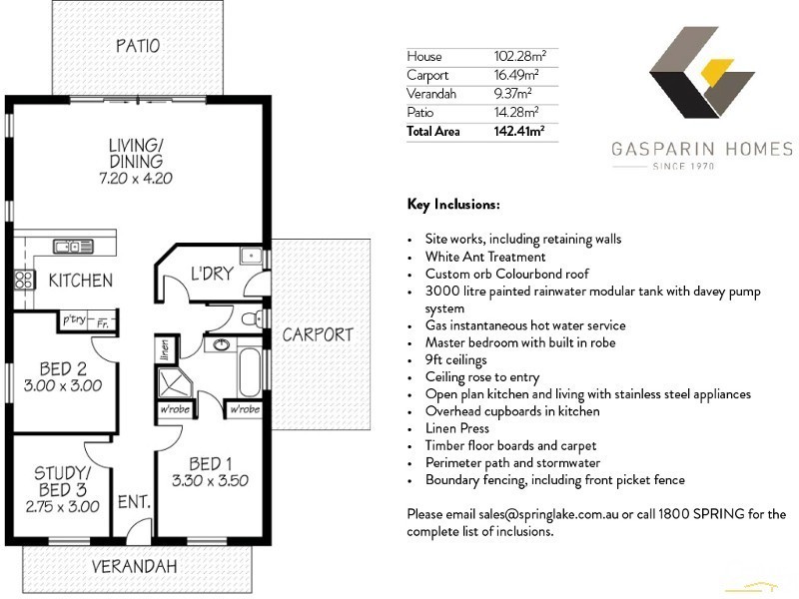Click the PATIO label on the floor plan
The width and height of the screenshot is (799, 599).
click(x=138, y=46)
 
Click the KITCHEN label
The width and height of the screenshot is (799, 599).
click(x=80, y=281)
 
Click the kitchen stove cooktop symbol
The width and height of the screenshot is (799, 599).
click(x=23, y=281)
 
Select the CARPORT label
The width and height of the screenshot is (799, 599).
click(x=317, y=334)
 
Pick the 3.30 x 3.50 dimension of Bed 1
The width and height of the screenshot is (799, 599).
click(x=211, y=481)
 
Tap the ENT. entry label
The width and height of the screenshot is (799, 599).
click(x=134, y=502)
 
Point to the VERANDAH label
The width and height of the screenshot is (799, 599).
click(x=134, y=566)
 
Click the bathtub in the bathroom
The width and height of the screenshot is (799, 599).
click(x=249, y=370)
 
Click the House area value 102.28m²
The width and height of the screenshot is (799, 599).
click(x=520, y=56)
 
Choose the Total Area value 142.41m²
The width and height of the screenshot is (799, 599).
click(x=520, y=131)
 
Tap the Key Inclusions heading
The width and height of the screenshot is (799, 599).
click(x=453, y=205)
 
